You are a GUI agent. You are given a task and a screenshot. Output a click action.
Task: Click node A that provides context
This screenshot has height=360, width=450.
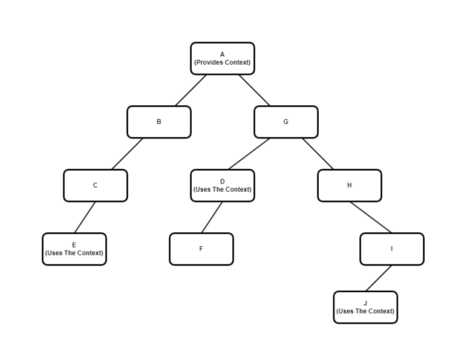click(222, 59)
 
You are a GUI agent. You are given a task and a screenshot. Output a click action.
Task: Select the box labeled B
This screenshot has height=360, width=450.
click(158, 122)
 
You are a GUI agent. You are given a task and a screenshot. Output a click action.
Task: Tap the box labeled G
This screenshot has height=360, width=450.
click(285, 122)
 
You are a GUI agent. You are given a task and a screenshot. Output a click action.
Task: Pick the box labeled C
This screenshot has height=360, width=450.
click(95, 185)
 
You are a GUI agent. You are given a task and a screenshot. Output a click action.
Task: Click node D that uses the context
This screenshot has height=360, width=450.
click(222, 185)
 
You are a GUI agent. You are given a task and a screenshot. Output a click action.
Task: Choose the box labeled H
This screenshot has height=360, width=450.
click(349, 185)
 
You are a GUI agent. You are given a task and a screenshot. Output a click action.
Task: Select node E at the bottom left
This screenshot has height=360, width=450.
click(74, 249)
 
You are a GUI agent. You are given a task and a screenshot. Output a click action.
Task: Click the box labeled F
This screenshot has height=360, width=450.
click(201, 249)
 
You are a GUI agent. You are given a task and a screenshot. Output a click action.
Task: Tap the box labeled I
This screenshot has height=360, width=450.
click(391, 249)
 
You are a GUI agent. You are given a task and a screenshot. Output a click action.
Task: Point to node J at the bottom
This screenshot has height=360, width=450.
click(365, 307)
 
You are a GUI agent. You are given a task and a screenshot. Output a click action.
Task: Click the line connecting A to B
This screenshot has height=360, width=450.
click(191, 90)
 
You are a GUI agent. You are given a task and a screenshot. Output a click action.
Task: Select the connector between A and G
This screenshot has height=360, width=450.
click(254, 90)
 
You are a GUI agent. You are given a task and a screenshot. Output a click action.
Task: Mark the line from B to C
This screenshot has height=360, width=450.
click(127, 154)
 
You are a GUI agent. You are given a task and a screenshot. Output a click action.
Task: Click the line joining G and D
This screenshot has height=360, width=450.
click(249, 154)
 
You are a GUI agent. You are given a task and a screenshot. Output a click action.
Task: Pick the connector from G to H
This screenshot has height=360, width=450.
click(318, 154)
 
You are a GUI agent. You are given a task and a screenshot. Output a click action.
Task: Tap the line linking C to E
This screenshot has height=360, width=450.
click(85, 217)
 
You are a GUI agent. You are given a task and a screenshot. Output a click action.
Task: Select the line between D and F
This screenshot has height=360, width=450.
click(212, 217)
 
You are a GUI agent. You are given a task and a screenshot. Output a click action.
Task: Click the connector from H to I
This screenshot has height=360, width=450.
click(370, 217)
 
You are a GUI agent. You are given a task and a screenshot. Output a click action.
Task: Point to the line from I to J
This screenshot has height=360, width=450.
click(378, 278)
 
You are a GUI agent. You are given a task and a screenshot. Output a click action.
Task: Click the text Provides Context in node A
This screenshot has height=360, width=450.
click(222, 62)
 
